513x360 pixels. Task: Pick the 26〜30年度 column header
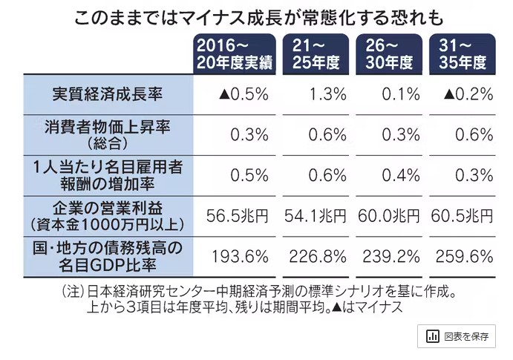click(389, 53)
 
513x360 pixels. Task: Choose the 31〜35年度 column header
click(463, 53)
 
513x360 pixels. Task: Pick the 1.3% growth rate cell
click(326, 94)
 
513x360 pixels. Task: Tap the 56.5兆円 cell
click(237, 215)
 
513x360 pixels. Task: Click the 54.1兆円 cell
click(315, 215)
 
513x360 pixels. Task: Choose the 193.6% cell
click(240, 256)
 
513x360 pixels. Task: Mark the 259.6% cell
click(465, 256)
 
